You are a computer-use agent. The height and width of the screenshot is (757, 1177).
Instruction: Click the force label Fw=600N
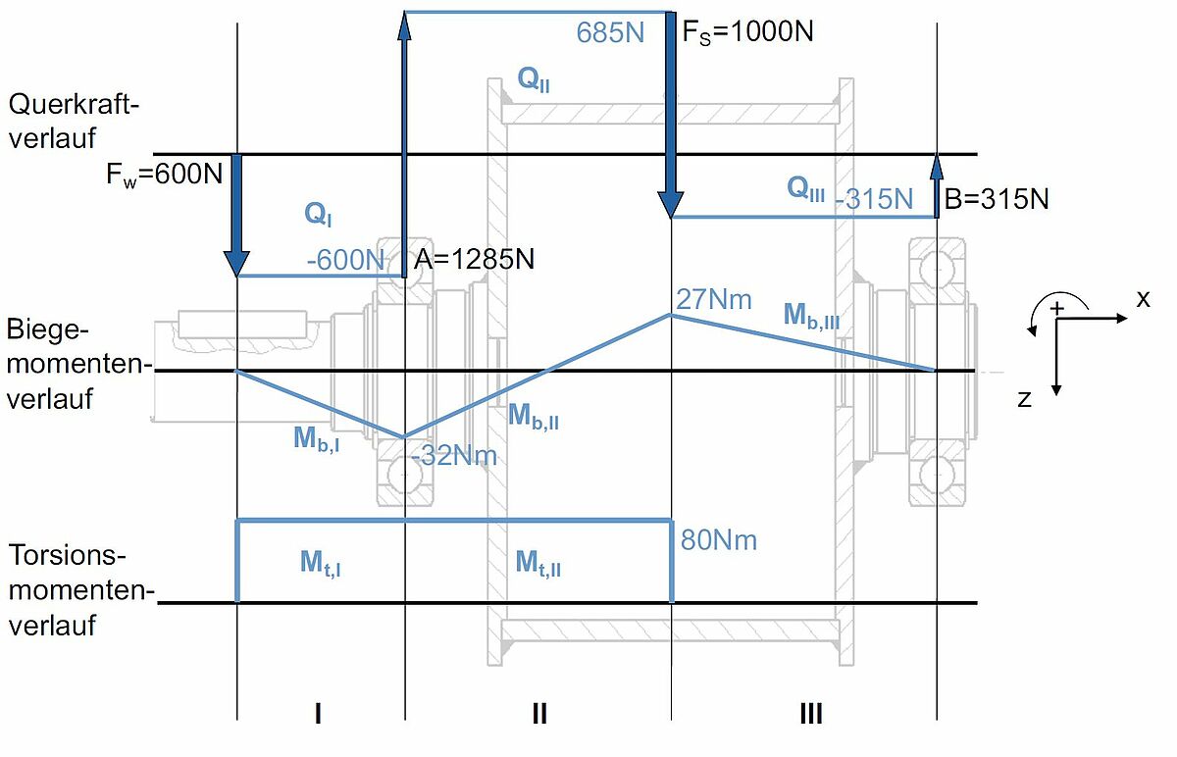165,175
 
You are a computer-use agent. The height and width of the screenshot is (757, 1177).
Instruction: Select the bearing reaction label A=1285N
474,259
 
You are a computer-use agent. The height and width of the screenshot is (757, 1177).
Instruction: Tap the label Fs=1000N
747,32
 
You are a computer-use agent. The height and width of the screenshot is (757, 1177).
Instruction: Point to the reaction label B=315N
997,199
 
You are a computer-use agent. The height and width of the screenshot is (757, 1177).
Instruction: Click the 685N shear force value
610,32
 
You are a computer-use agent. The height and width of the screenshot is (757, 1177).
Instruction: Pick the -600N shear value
345,260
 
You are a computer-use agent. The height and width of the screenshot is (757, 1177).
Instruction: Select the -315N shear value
874,199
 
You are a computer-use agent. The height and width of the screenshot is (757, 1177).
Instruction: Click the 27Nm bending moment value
714,299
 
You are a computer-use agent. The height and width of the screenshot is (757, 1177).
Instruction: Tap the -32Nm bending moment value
454,455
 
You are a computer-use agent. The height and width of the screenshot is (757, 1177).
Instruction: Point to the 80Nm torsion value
719,540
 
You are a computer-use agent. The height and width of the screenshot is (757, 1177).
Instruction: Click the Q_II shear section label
534,79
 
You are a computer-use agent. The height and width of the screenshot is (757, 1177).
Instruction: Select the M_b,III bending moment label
811,316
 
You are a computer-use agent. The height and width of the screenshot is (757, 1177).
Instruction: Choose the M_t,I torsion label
320,563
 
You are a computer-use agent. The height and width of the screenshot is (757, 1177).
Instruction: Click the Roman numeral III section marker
811,714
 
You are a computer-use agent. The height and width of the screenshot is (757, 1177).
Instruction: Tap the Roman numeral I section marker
318,714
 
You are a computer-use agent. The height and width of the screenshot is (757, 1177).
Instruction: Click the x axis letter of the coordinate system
1144,299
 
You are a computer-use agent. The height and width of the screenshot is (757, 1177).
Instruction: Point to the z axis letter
1024,399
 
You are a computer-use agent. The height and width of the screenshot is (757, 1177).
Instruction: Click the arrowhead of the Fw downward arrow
236,264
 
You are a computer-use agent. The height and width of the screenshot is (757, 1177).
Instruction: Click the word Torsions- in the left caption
68,555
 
